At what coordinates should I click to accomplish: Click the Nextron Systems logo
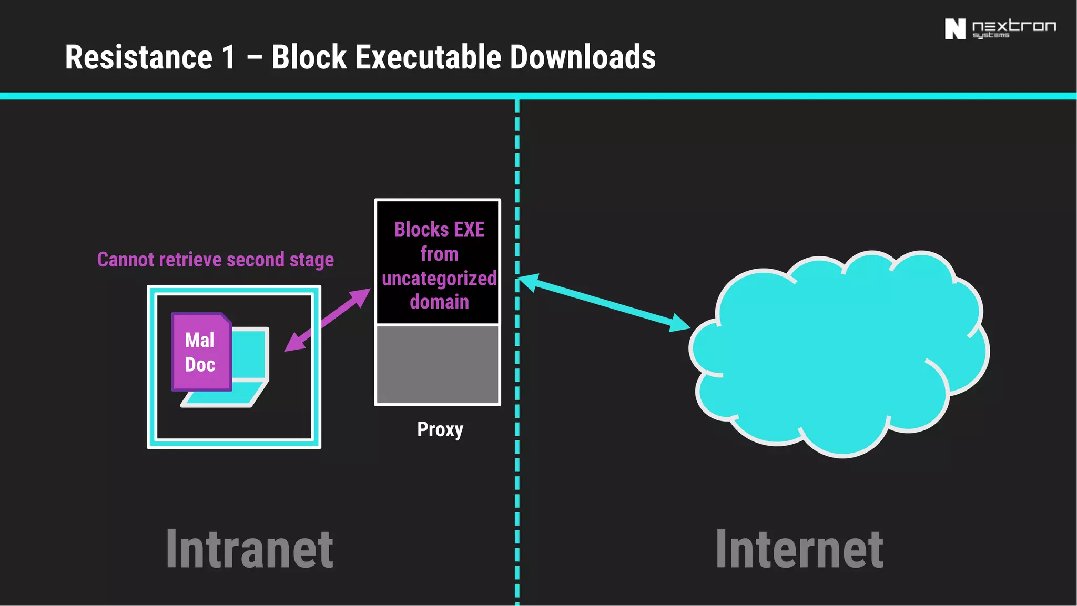tap(1000, 29)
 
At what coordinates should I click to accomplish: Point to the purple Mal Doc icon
tap(201, 352)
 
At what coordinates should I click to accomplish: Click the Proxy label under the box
tap(440, 429)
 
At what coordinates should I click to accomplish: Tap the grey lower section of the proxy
tap(438, 365)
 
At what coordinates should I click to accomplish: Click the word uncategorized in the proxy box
tap(439, 278)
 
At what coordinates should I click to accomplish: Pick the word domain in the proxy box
tap(439, 302)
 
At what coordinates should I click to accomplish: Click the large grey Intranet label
tap(250, 549)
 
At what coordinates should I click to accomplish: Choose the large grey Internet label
tap(799, 549)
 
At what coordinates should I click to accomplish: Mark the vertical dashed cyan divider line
tap(517, 473)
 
